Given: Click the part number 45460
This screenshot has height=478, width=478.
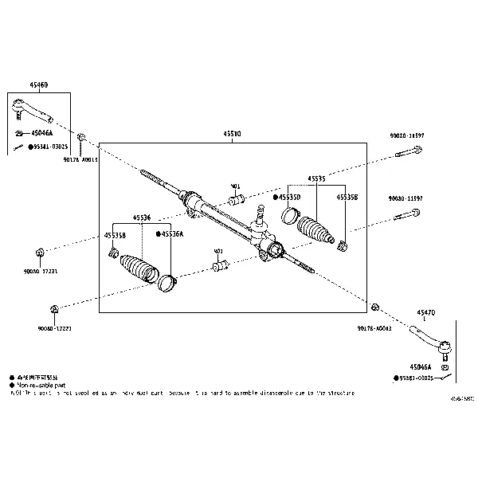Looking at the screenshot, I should tap(39, 84).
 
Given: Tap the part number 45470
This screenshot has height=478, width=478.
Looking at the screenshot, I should tap(427, 314).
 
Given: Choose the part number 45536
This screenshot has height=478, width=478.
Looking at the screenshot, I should tap(142, 217).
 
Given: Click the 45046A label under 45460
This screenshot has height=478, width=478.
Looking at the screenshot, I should tap(41, 133).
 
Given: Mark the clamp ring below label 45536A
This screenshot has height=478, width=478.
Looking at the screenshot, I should tap(167, 281).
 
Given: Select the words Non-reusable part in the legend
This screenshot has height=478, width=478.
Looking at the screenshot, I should tap(40, 384).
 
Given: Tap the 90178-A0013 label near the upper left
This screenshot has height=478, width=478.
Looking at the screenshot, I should tap(80, 159).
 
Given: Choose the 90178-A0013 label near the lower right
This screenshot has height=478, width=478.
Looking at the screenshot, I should tap(374, 327).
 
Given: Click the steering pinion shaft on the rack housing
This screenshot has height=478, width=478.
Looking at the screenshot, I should tap(260, 213).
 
